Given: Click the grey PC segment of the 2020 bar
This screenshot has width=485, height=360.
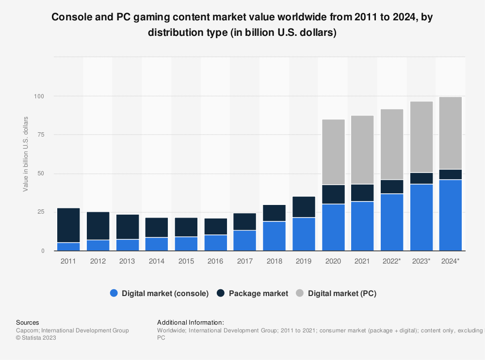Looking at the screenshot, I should click(333, 152).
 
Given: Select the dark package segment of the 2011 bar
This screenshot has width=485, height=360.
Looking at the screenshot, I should click(68, 225).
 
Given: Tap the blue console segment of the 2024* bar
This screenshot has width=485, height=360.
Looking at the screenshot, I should click(451, 215).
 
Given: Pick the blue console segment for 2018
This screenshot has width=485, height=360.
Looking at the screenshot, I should click(275, 236).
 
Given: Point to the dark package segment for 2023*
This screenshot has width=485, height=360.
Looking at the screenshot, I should click(421, 178).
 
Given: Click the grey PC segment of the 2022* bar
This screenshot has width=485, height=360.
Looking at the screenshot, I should click(392, 144).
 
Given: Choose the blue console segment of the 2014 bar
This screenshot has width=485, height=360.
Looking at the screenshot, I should click(157, 244).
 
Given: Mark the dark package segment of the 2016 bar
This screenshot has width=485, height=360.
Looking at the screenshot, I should click(215, 227).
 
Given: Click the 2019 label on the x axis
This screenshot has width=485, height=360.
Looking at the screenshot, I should click(304, 261).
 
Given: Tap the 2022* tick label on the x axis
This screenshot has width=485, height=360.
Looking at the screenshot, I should click(392, 261).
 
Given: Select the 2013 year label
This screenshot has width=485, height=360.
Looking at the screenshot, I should click(127, 261).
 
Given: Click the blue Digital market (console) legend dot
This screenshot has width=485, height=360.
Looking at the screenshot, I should click(114, 293).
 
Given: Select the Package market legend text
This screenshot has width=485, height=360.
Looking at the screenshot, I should click(259, 293).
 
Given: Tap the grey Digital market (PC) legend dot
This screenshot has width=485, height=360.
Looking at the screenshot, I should click(300, 293).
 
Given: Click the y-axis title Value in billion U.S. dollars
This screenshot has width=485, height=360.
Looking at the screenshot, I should click(26, 154).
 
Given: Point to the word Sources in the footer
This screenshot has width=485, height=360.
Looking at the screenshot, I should click(28, 322).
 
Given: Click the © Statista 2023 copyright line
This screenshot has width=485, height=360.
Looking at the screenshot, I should click(36, 338).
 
